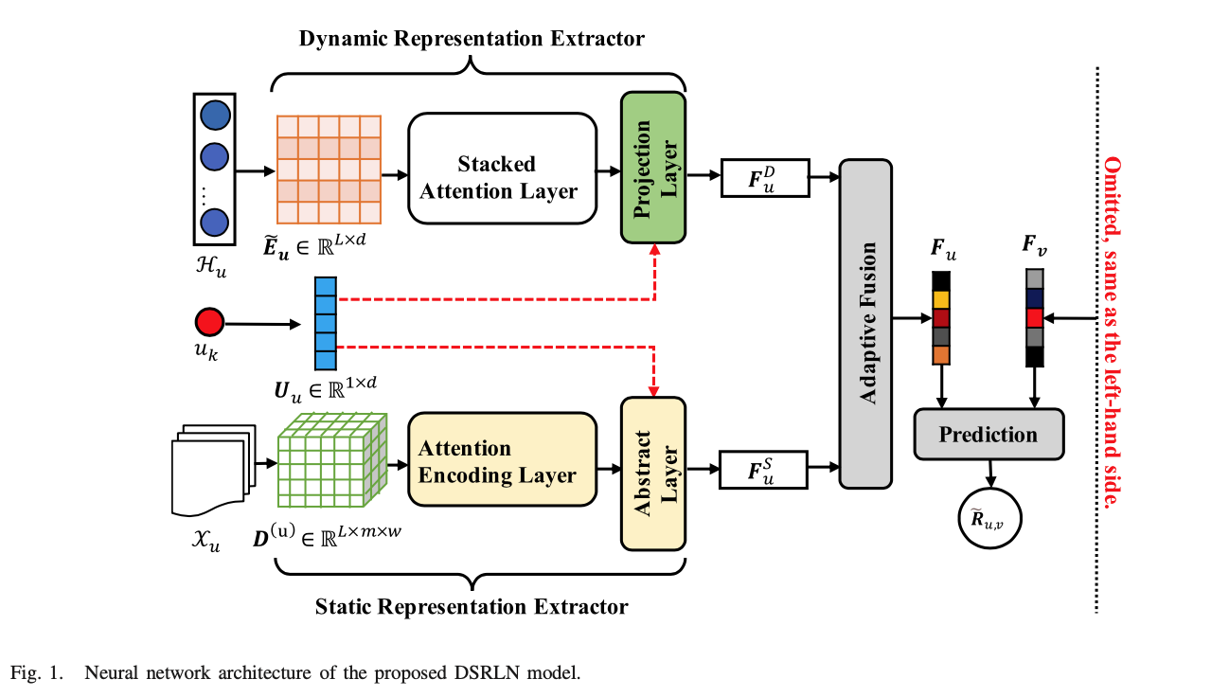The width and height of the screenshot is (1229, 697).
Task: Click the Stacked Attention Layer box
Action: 502,176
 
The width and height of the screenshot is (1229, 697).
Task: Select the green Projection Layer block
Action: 652,169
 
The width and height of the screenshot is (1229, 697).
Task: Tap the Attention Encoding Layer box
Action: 502,460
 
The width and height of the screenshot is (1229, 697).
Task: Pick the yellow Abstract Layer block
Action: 652,474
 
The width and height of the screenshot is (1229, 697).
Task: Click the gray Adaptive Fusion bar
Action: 865,324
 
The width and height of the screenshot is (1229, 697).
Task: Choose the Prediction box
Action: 988,435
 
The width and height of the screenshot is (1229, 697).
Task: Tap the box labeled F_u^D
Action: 765,177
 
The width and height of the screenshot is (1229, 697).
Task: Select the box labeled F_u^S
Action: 765,470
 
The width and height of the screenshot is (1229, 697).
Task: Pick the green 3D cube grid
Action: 329,462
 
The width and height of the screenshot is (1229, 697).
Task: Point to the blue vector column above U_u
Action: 325,323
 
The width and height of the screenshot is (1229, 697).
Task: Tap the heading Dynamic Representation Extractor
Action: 472,39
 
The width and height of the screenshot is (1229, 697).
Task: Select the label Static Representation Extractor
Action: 472,606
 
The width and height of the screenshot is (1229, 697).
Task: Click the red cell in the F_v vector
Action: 1035,316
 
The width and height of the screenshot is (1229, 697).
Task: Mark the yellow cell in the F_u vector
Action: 940,299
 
